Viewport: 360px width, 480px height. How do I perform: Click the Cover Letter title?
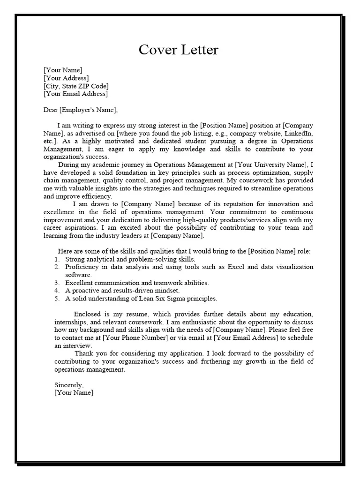178,50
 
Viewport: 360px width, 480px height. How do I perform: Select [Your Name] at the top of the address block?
63,70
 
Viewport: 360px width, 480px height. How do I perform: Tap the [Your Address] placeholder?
66,78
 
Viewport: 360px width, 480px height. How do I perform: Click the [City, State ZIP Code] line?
76,86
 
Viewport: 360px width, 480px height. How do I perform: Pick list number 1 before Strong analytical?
56,259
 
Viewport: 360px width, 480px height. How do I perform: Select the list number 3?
56,283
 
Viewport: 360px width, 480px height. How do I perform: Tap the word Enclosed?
88,314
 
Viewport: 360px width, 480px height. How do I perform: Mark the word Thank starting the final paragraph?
84,353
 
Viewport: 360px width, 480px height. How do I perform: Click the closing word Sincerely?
69,385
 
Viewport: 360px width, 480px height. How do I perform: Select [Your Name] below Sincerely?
74,393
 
